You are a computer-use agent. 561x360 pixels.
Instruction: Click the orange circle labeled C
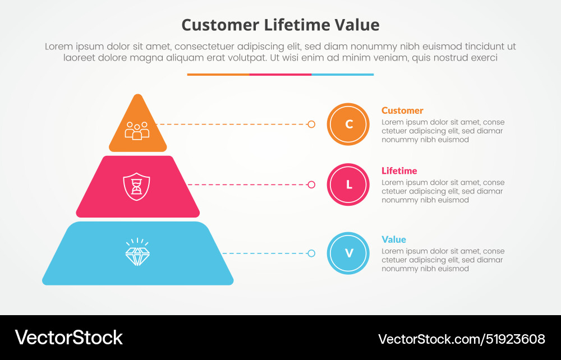click(x=348, y=124)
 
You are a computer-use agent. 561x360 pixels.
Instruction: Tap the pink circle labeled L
click(x=348, y=184)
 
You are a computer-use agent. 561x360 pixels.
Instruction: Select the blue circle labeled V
click(x=348, y=253)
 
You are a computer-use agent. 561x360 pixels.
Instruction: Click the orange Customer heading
click(x=402, y=110)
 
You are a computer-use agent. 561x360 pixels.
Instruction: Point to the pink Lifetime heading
click(x=399, y=171)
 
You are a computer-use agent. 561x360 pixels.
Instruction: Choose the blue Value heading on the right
click(x=394, y=239)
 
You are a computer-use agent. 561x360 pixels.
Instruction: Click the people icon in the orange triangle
click(x=137, y=130)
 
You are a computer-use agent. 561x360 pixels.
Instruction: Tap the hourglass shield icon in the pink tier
click(x=137, y=185)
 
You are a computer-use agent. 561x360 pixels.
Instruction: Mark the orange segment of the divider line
click(x=218, y=74)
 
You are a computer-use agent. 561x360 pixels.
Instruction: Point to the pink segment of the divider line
click(x=280, y=74)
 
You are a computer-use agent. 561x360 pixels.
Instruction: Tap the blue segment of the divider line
click(x=342, y=74)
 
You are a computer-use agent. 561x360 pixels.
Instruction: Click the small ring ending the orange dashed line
click(x=311, y=124)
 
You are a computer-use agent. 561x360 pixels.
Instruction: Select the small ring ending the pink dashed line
click(x=311, y=184)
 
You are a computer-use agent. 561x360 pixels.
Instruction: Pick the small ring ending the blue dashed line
click(x=311, y=253)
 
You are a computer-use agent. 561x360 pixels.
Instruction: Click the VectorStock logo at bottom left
click(x=68, y=337)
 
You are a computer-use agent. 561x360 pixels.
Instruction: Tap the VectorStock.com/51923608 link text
click(x=462, y=339)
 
